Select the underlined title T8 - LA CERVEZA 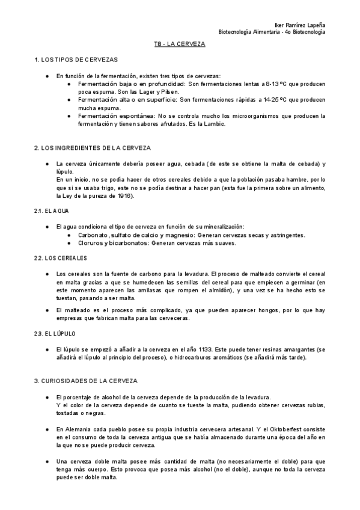coord(179,45)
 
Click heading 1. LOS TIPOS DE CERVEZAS coord(76,61)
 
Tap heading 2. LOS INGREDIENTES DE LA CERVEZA coord(93,147)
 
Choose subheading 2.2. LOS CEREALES coord(61,257)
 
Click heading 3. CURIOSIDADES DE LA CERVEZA coord(86,381)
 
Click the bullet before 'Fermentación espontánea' coord(70,115)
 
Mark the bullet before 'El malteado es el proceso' coord(47,310)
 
